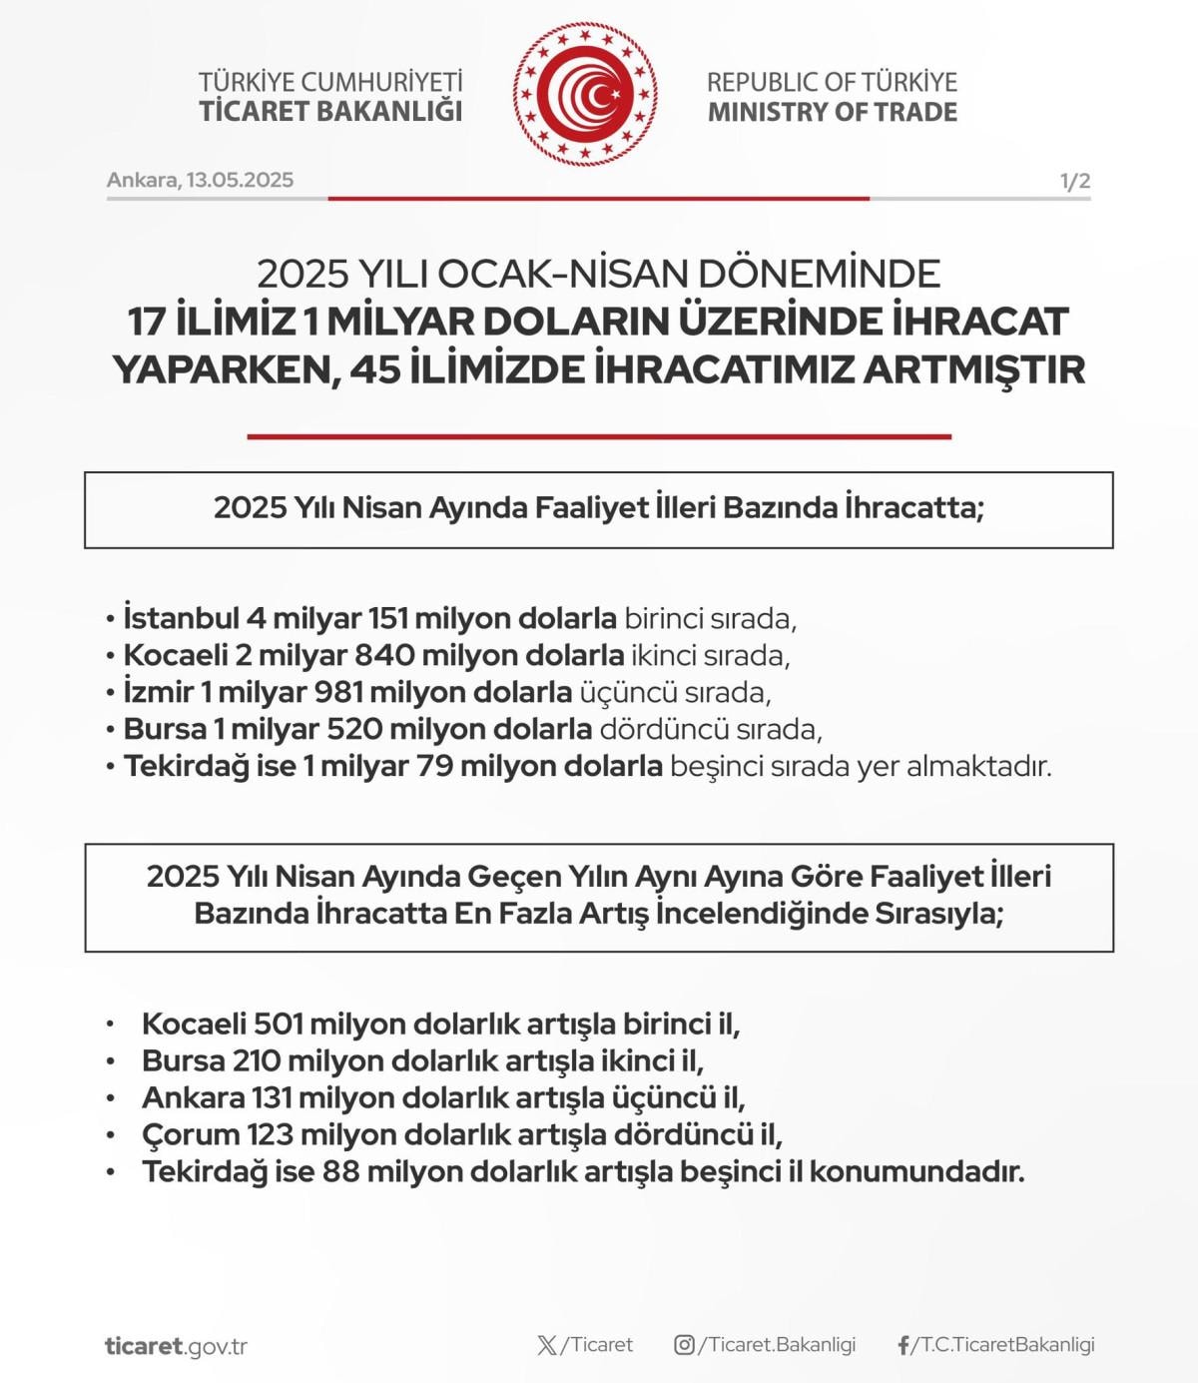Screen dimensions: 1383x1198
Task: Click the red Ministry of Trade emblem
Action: tap(586, 96)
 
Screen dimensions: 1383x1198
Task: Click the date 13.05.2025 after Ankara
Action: tap(240, 180)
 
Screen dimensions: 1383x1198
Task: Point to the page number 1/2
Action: tap(1074, 181)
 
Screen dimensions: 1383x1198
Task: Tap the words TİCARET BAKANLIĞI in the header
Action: tap(330, 111)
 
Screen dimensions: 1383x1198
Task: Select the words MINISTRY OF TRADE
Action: tap(832, 111)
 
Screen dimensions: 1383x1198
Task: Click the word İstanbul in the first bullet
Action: tap(181, 618)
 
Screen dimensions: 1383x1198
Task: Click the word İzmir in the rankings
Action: tap(159, 692)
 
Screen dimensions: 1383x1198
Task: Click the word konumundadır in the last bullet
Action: tap(916, 1171)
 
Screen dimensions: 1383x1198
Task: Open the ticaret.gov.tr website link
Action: tap(176, 1346)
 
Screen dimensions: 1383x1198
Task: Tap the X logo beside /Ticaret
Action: tap(547, 1345)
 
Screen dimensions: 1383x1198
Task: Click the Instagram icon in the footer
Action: tap(684, 1345)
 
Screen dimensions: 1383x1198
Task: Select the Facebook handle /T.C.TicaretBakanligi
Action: tap(1003, 1345)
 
